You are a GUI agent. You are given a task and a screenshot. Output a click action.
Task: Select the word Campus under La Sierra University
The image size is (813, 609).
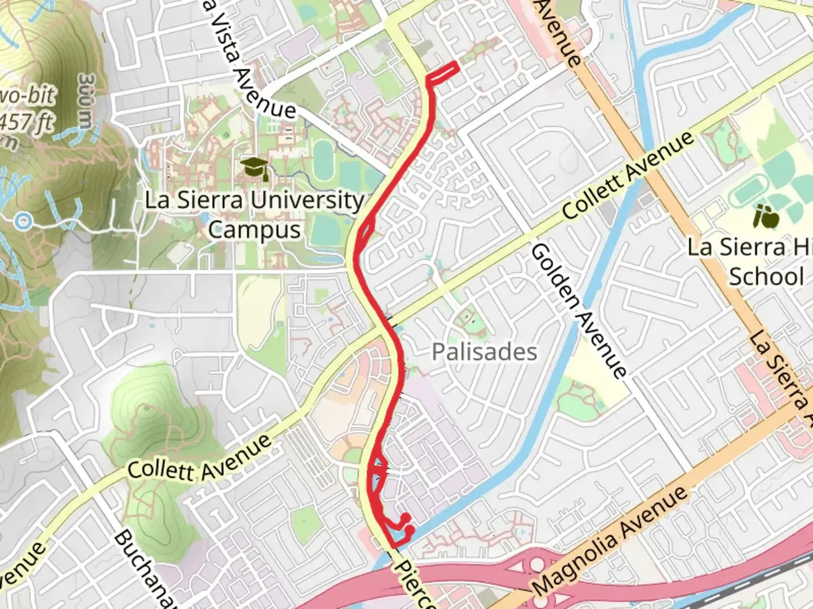[254, 230]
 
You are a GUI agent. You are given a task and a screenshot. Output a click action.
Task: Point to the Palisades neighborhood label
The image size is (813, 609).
[484, 352]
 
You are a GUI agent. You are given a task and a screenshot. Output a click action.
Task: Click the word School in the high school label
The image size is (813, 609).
[766, 277]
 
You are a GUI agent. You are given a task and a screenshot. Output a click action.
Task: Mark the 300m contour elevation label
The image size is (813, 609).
[86, 101]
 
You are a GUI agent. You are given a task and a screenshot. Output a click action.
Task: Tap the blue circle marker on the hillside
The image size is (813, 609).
[23, 221]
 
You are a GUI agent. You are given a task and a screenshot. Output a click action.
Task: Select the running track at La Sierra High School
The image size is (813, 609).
[751, 195]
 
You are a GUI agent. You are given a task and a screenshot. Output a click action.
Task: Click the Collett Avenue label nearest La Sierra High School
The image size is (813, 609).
[628, 175]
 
